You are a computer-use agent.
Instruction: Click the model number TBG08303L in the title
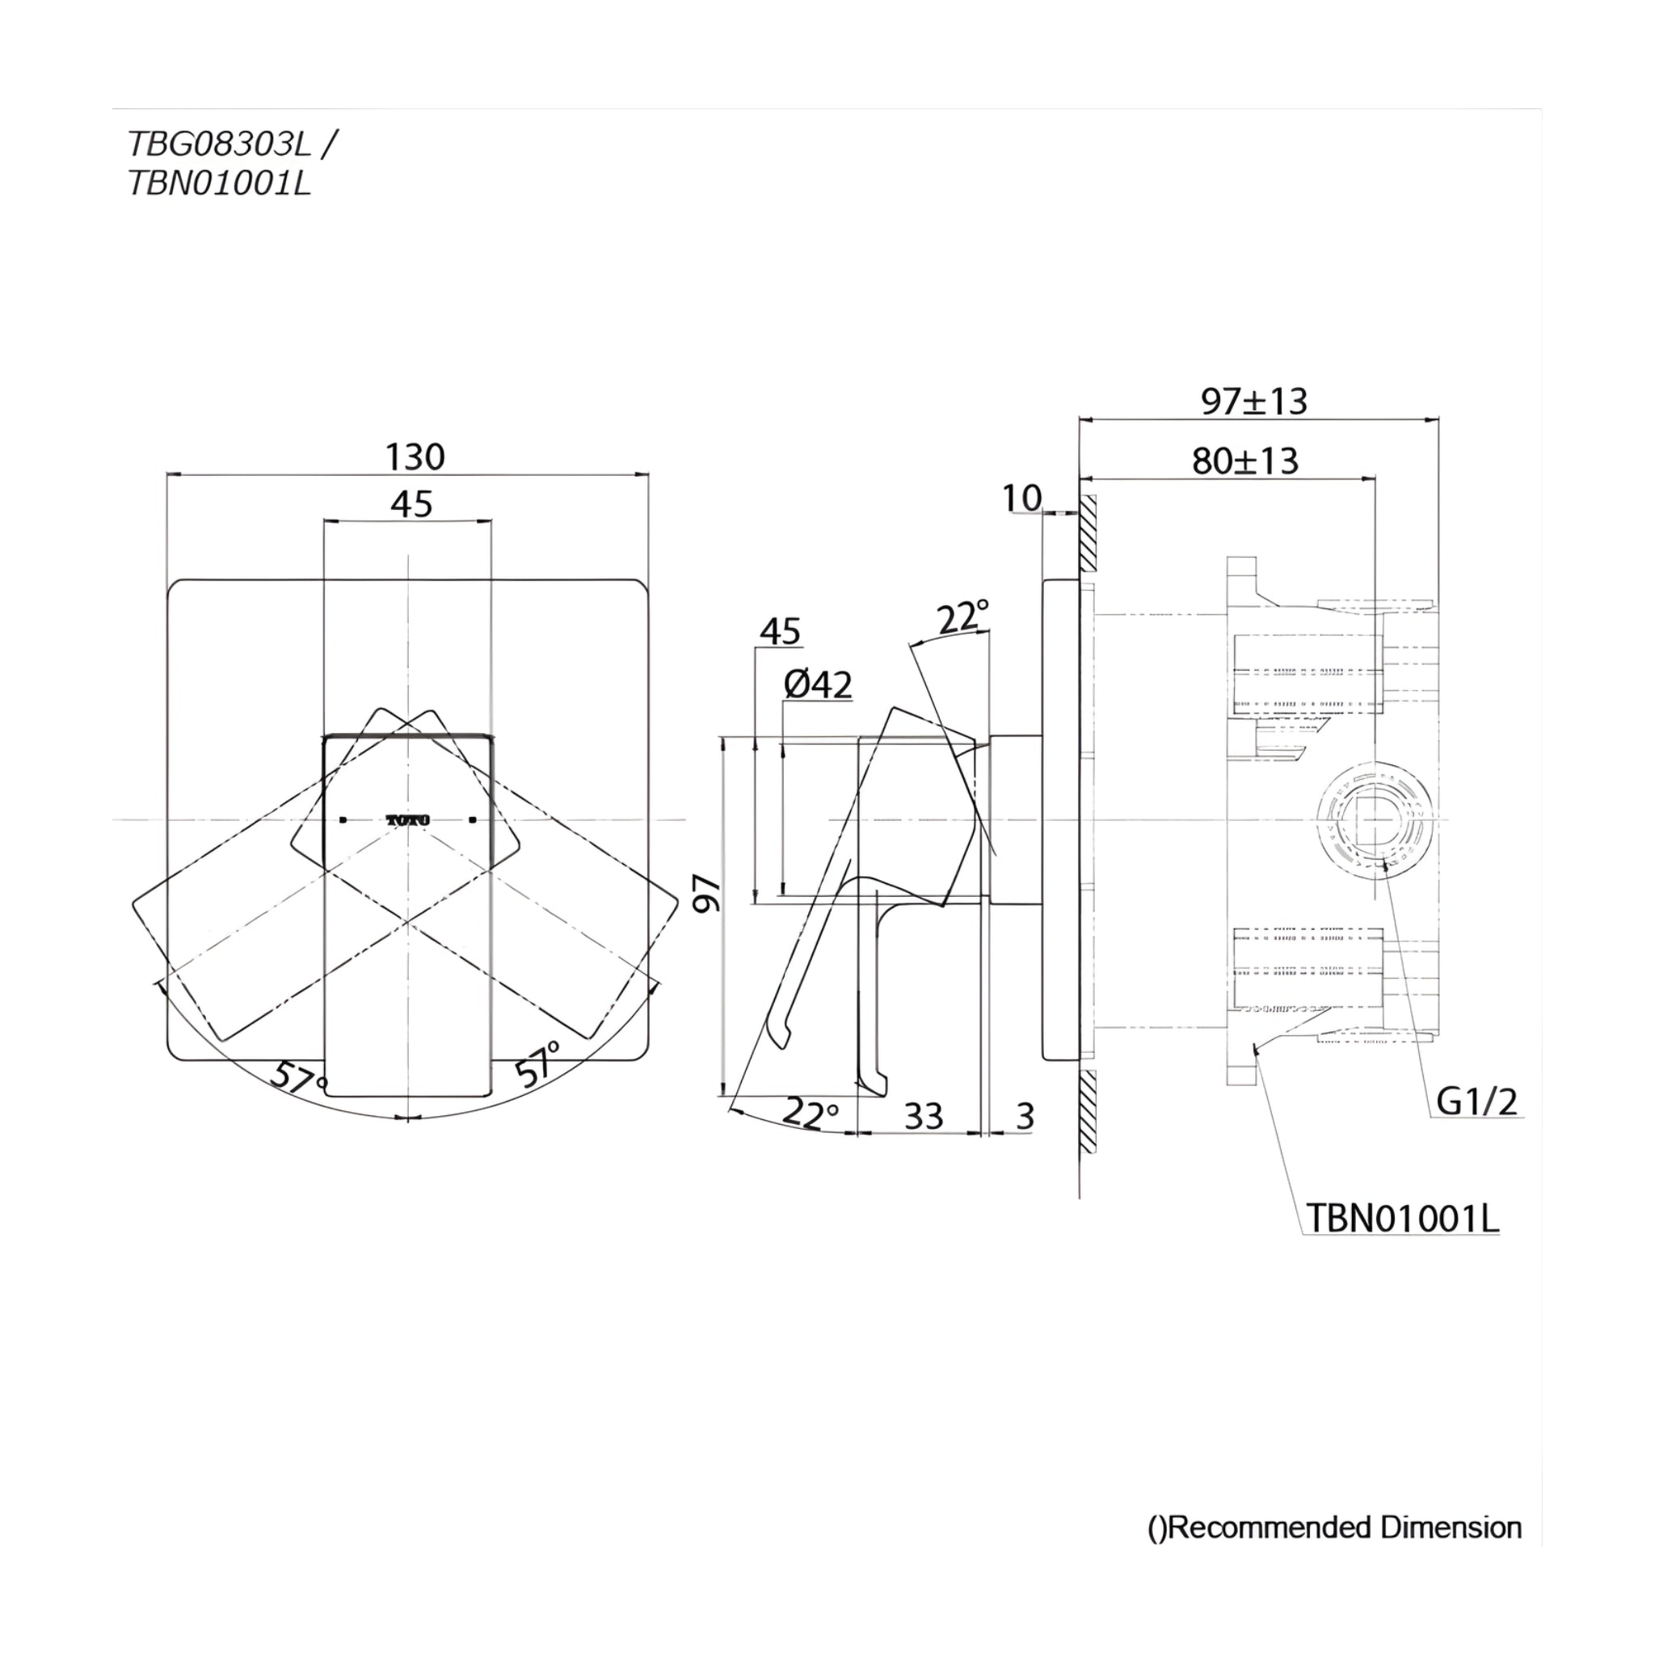coord(219,144)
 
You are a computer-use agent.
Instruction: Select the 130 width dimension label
coord(415,457)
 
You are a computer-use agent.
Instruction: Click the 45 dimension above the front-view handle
coord(411,504)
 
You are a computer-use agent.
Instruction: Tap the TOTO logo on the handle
coord(408,819)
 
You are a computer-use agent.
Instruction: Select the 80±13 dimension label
coord(1245,461)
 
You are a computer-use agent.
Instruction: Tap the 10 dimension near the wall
coord(1022,498)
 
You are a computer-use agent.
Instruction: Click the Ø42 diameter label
coord(818,685)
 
